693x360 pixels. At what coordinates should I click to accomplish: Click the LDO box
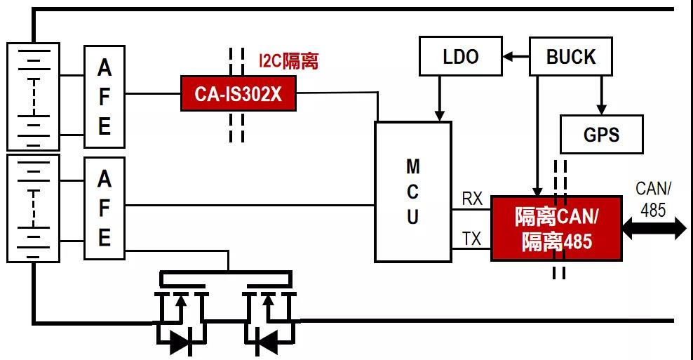click(460, 57)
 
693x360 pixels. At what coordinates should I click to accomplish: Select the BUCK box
click(570, 57)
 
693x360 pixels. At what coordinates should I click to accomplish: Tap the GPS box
click(601, 135)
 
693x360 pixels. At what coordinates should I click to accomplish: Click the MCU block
click(412, 192)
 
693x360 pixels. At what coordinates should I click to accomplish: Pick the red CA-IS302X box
click(238, 93)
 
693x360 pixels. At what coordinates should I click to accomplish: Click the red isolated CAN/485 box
click(556, 229)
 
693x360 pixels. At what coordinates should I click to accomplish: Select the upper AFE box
click(104, 97)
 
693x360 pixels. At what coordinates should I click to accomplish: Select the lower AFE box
click(104, 208)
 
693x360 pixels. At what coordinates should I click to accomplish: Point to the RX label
click(472, 199)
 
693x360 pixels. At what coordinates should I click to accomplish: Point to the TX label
click(472, 239)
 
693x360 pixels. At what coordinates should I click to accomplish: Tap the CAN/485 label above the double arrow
click(653, 199)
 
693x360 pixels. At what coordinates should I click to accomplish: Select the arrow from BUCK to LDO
click(516, 56)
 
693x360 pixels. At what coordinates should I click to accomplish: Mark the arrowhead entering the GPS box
click(601, 109)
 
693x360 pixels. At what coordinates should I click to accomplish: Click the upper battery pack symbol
click(32, 96)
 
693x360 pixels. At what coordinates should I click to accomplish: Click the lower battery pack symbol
click(32, 208)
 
